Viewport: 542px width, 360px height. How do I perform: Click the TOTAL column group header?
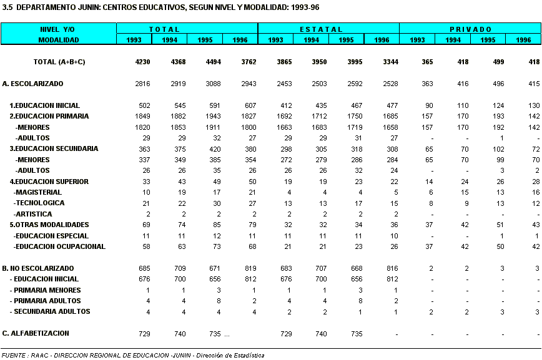click(164, 29)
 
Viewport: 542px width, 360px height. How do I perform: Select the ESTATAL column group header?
click(321, 29)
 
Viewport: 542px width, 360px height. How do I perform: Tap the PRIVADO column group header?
click(470, 29)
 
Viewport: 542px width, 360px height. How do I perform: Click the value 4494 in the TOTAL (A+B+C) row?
click(214, 62)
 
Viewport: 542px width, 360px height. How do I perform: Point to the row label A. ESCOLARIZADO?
click(32, 84)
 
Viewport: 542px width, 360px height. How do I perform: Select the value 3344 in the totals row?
click(391, 62)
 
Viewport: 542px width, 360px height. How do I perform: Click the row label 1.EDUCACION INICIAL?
click(44, 105)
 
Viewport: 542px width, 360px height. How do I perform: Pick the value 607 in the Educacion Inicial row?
click(250, 105)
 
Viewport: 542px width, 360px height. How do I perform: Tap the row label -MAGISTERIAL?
click(37, 192)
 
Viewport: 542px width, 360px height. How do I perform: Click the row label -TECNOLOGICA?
click(39, 203)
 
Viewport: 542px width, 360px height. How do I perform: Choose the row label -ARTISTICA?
click(32, 214)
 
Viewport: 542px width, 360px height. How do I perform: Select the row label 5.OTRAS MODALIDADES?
click(49, 225)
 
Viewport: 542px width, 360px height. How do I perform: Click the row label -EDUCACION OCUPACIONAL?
click(59, 246)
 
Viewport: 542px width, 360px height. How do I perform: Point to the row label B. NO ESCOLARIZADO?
click(38, 268)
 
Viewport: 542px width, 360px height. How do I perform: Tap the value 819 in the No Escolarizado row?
click(250, 268)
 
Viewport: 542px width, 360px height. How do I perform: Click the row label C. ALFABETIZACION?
click(36, 333)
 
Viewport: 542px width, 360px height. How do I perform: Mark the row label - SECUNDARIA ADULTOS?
click(50, 311)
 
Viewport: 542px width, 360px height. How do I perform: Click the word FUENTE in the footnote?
click(14, 355)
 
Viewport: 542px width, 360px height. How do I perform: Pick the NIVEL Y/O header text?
click(57, 29)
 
